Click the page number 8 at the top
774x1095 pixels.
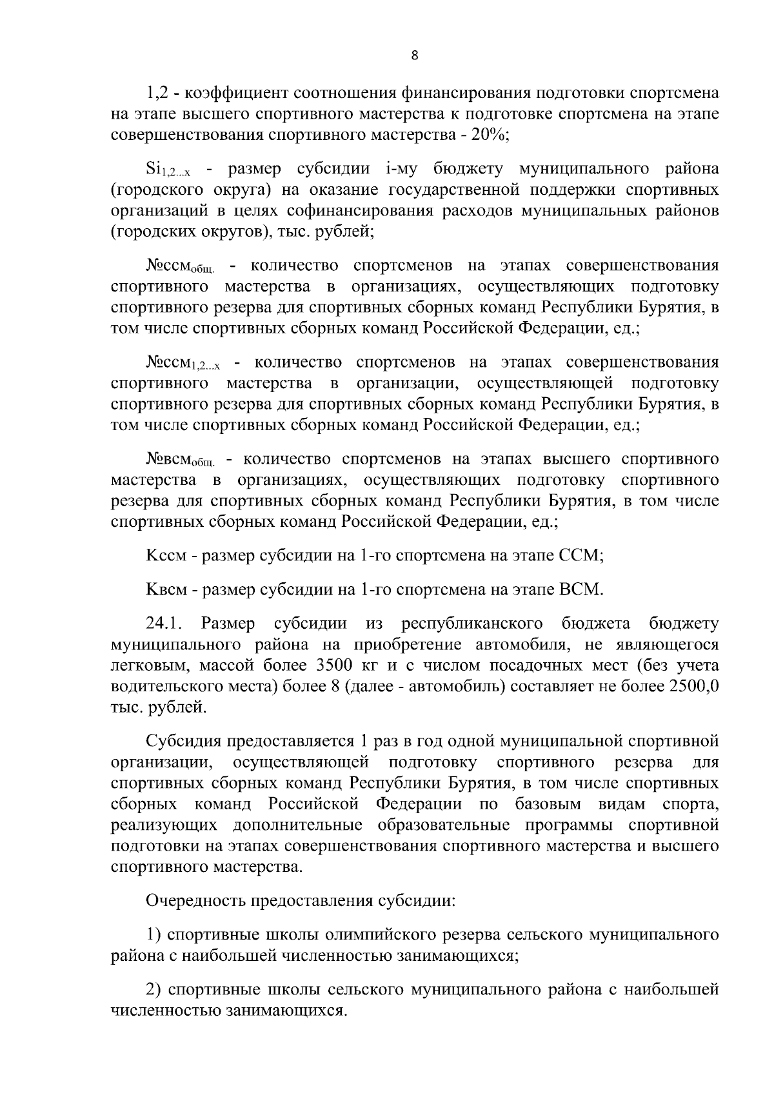[415, 56]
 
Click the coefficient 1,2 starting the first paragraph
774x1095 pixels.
[157, 93]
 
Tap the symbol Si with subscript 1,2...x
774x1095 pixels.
[167, 171]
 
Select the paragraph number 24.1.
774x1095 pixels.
[166, 624]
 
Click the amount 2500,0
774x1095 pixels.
[694, 686]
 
